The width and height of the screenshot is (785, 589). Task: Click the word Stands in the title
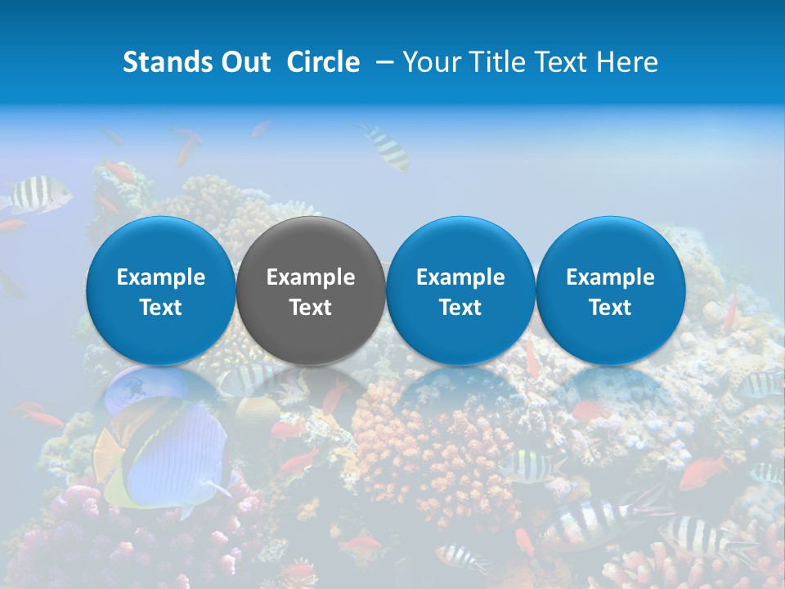coord(160,62)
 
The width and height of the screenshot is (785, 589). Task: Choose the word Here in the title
coord(625,62)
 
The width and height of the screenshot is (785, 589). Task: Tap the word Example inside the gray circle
coord(311,277)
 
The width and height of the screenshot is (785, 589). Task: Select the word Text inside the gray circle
coord(311,308)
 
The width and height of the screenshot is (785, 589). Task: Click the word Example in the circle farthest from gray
coord(610,277)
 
